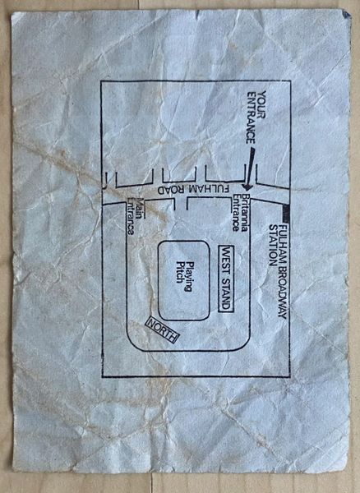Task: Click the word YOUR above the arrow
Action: pyautogui.click(x=261, y=104)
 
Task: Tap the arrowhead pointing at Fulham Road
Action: pyautogui.click(x=247, y=186)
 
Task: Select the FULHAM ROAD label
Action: pyautogui.click(x=193, y=191)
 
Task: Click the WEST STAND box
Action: pyautogui.click(x=226, y=279)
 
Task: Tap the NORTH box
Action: pyautogui.click(x=163, y=329)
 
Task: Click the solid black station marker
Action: pyautogui.click(x=286, y=214)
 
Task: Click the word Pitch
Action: pyautogui.click(x=179, y=272)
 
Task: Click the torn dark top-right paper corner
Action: pyautogui.click(x=347, y=14)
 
